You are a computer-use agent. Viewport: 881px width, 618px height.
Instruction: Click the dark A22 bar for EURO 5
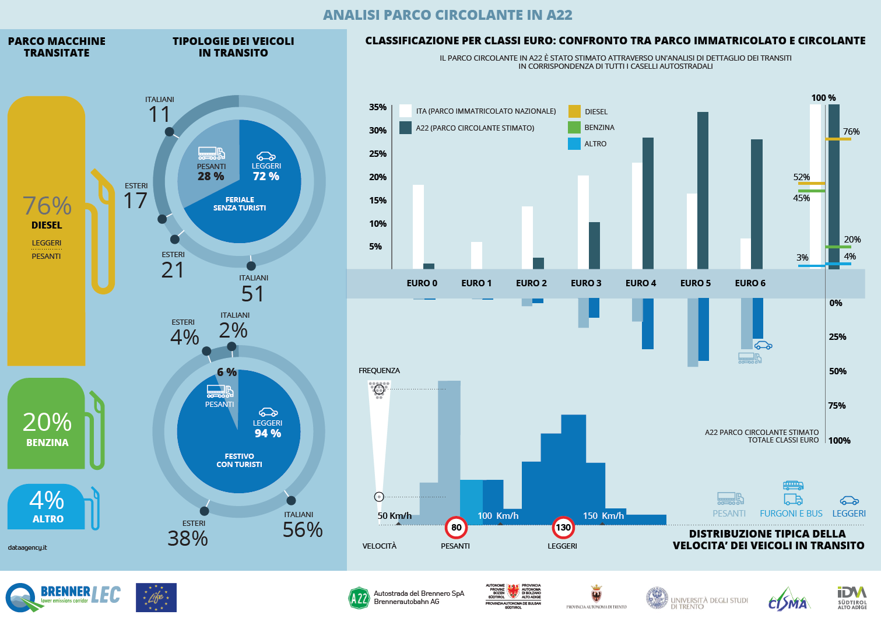tap(703, 190)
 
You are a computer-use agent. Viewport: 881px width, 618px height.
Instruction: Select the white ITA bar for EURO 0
tap(418, 227)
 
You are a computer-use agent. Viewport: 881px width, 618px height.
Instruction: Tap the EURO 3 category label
tap(586, 283)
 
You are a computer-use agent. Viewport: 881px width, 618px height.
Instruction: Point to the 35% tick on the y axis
tap(378, 107)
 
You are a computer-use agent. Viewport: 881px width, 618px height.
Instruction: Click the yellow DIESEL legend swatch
tap(574, 111)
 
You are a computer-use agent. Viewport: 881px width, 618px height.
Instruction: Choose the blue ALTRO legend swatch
tap(574, 144)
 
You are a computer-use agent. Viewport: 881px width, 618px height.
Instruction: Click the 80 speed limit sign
tap(456, 528)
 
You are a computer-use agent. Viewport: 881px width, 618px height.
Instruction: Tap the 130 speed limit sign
tap(563, 528)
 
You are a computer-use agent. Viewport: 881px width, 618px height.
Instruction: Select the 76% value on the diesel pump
tap(47, 206)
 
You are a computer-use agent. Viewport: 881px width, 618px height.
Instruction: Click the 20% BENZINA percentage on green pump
tap(47, 422)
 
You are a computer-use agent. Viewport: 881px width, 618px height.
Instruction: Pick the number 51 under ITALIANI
tap(252, 294)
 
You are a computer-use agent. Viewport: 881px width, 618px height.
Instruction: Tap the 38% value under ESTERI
tap(188, 538)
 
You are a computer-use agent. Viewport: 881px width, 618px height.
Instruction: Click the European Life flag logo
tap(156, 598)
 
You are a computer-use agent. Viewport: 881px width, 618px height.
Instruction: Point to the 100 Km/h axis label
tap(498, 515)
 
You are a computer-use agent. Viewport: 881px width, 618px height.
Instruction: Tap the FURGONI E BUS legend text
tap(791, 514)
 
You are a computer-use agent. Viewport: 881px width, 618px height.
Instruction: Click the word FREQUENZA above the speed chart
tap(379, 371)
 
